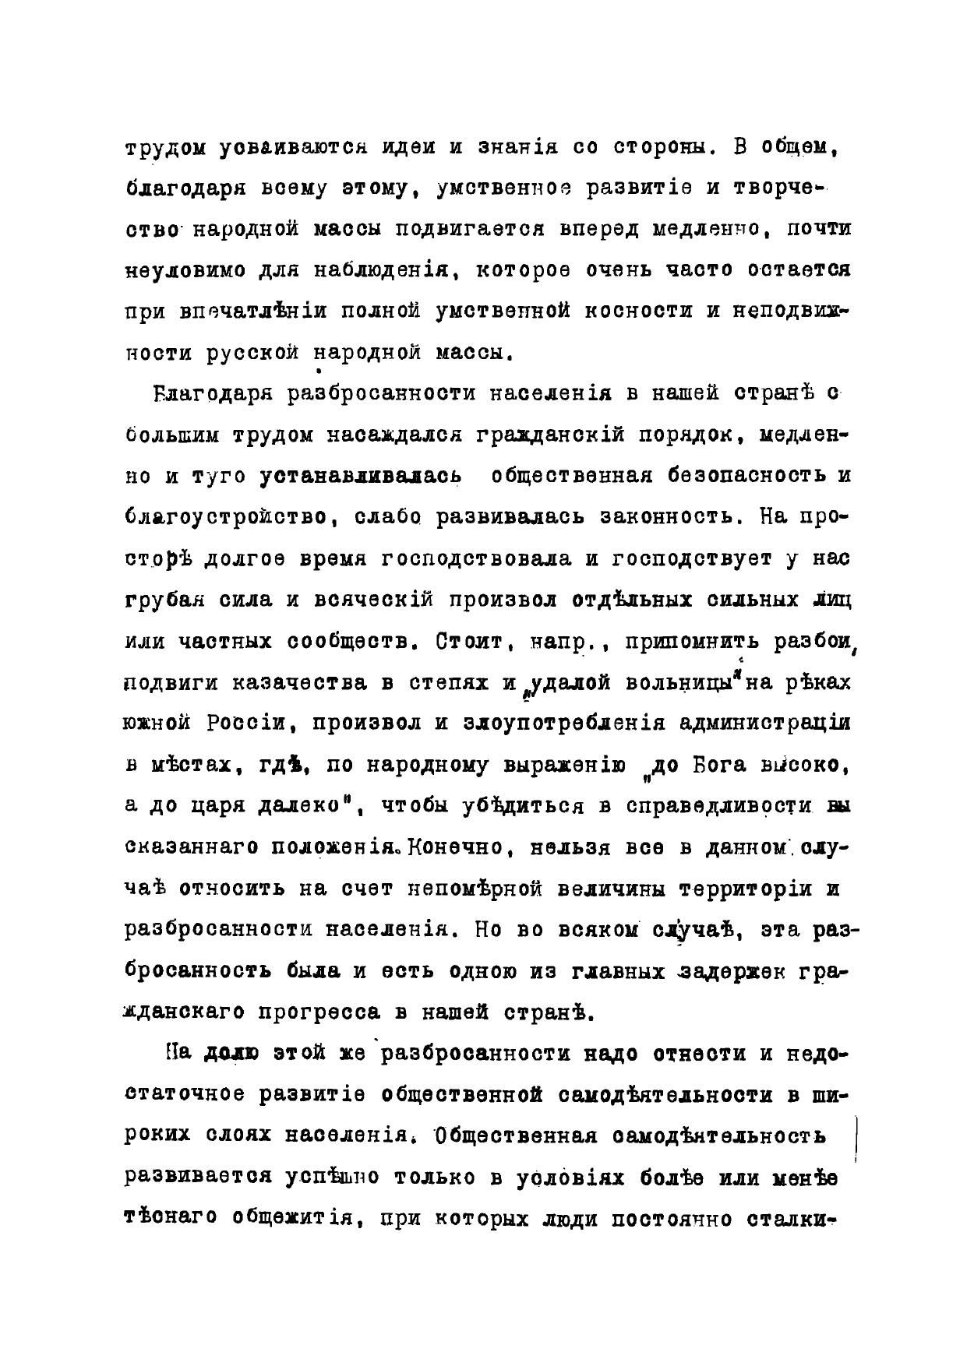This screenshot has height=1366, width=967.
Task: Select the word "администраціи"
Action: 764,723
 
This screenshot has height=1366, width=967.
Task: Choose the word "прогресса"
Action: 319,1012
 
